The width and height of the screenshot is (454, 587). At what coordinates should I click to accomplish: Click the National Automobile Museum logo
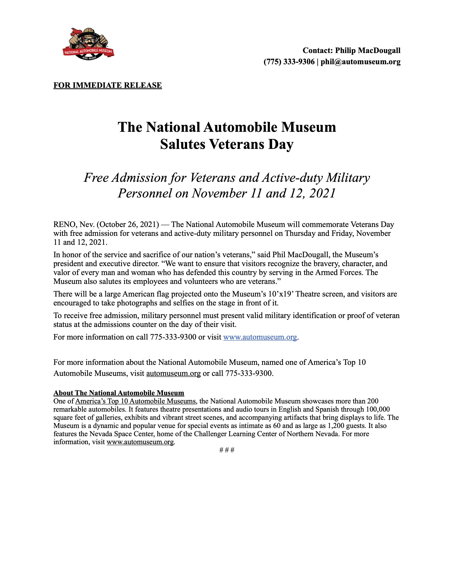pyautogui.click(x=88, y=44)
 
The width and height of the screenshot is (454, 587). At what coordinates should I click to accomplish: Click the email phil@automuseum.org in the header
pyautogui.click(x=360, y=62)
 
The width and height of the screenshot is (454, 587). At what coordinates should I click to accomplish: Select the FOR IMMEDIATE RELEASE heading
pyautogui.click(x=108, y=85)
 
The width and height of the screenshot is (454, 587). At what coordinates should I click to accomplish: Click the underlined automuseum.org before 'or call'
pyautogui.click(x=173, y=373)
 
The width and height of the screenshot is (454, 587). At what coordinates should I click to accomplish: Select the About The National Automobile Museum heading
pyautogui.click(x=119, y=393)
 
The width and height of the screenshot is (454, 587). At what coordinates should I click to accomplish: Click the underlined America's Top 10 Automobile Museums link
pyautogui.click(x=135, y=401)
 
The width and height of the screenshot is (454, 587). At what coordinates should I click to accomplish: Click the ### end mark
pyautogui.click(x=227, y=450)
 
